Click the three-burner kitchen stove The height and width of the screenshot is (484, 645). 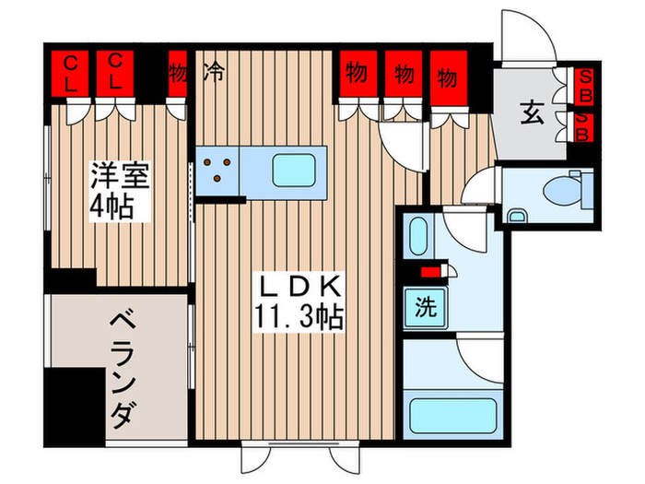tap(217, 170)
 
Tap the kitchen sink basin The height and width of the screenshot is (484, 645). tap(297, 170)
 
